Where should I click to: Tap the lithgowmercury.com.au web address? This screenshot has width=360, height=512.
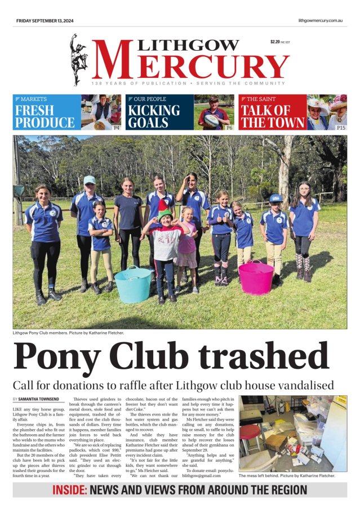pyautogui.click(x=321, y=21)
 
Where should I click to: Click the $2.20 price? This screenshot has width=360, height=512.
pyautogui.click(x=275, y=42)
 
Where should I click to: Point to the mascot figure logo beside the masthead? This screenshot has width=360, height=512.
pyautogui.click(x=79, y=60)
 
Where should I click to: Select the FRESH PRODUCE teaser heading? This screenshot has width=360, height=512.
pyautogui.click(x=45, y=117)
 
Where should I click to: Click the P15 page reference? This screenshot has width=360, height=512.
pyautogui.click(x=340, y=128)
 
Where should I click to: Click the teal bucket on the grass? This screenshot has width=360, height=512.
pyautogui.click(x=133, y=284)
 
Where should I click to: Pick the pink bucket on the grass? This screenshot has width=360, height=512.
pyautogui.click(x=256, y=277)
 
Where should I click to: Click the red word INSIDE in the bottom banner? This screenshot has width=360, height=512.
pyautogui.click(x=69, y=490)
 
